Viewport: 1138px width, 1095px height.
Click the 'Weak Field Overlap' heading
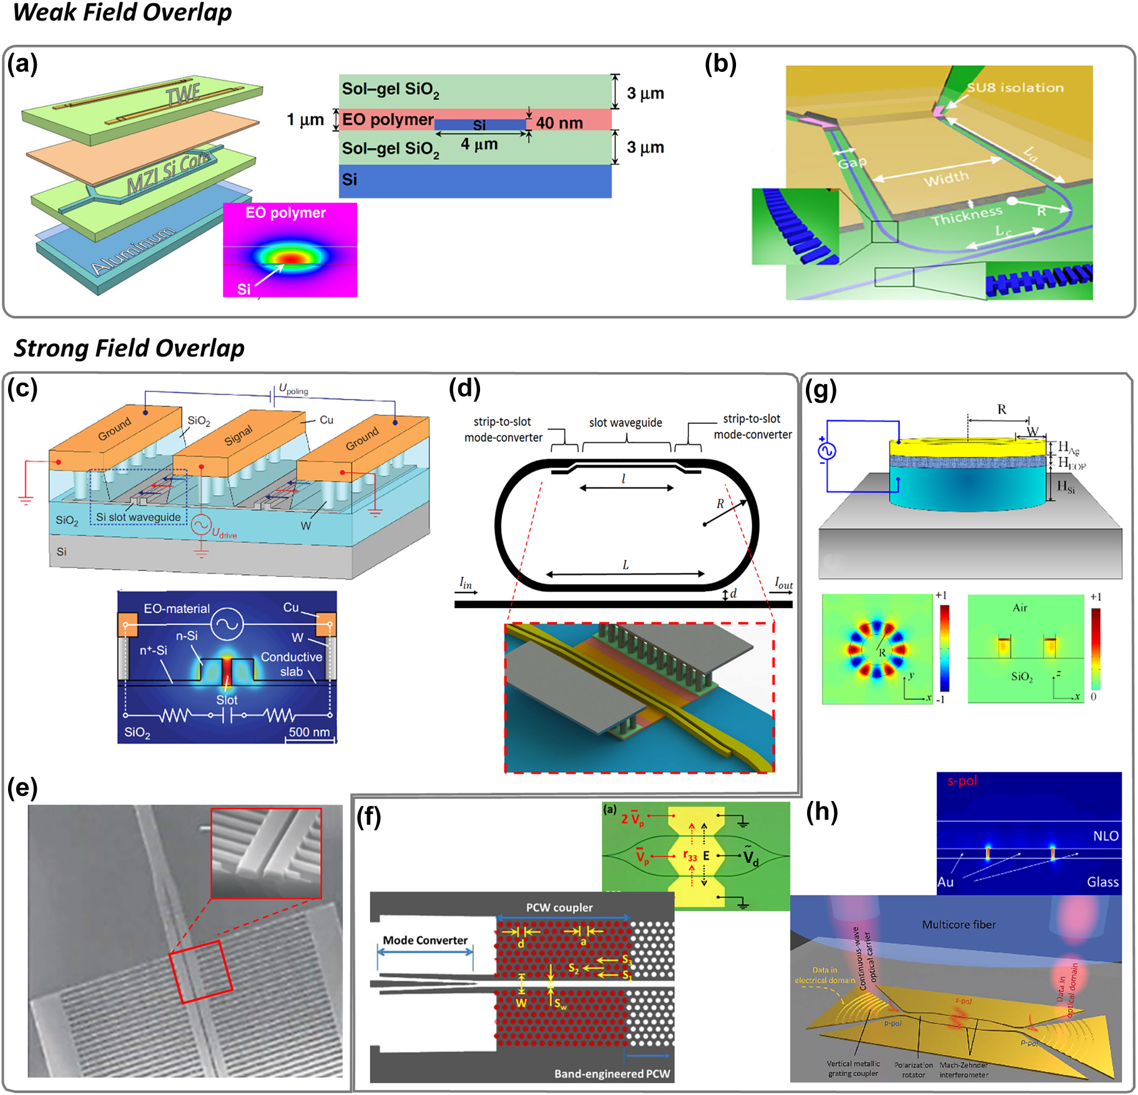coord(122,12)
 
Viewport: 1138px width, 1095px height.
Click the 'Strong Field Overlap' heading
coord(129,348)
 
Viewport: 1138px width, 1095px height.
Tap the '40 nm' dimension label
coord(559,123)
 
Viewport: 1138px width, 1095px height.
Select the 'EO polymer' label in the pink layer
coord(388,119)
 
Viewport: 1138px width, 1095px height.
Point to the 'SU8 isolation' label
coord(1015,87)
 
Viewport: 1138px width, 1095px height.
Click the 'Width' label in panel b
coord(946,179)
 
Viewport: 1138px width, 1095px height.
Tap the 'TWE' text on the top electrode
coord(184,94)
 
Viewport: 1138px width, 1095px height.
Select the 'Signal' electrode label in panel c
coord(238,435)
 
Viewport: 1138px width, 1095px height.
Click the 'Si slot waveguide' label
coord(138,517)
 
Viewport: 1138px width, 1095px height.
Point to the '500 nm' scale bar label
coord(309,732)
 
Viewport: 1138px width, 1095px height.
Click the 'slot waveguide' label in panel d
coord(625,423)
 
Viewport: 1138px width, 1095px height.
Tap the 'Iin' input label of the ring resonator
coord(466,583)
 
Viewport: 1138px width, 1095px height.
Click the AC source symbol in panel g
coord(827,451)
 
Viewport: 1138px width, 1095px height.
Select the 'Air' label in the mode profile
coord(1019,607)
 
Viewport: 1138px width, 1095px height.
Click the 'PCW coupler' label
coord(559,907)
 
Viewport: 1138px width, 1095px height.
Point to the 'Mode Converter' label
coord(425,940)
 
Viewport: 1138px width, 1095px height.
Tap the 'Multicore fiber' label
coord(959,925)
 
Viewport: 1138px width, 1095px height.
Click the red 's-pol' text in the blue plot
coord(962,780)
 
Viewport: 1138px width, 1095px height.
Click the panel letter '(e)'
coord(22,788)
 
